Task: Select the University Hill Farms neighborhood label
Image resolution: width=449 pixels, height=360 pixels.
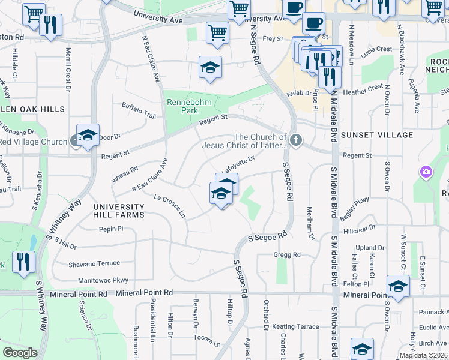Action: pyautogui.click(x=119, y=211)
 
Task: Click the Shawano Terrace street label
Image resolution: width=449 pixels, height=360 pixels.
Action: pyautogui.click(x=94, y=263)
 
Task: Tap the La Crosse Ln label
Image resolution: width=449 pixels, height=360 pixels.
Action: pyautogui.click(x=169, y=205)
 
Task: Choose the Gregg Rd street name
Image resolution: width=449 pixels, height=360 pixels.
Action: pyautogui.click(x=287, y=255)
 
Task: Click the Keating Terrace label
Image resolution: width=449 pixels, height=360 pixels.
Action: pyautogui.click(x=295, y=326)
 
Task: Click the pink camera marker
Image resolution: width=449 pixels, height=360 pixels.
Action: pyautogui.click(x=426, y=173)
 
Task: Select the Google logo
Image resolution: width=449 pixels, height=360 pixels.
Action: pyautogui.click(x=20, y=353)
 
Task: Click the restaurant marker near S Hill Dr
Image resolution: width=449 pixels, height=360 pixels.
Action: pyautogui.click(x=23, y=262)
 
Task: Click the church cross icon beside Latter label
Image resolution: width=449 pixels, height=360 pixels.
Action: pyautogui.click(x=295, y=140)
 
